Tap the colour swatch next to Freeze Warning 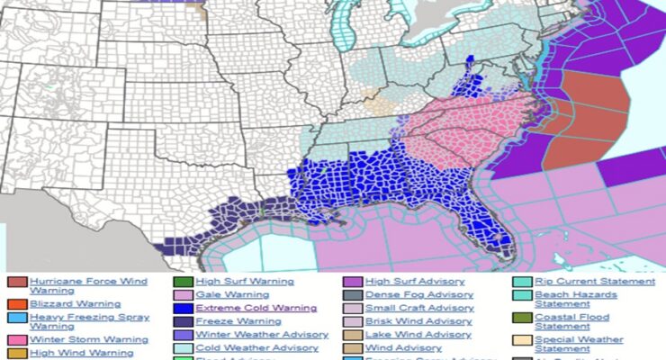point(183,321)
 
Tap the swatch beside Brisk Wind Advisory point(351,321)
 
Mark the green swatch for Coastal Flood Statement point(521,318)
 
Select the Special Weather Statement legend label point(579,344)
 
